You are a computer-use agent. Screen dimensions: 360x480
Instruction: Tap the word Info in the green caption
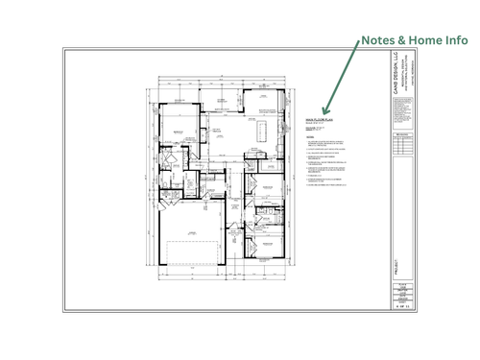453,41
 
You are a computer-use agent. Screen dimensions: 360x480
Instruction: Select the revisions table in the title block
401,152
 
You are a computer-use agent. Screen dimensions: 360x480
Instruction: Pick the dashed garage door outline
189,253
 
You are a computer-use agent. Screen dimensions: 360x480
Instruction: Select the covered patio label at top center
222,100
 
